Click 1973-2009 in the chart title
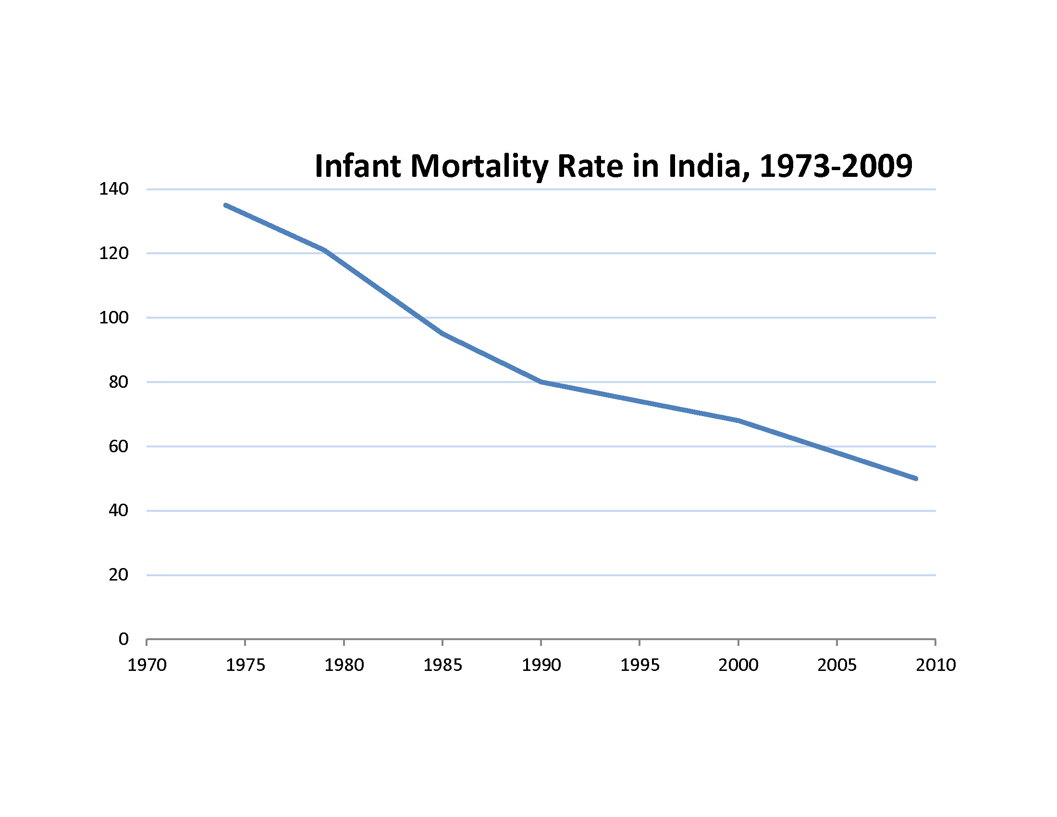(x=836, y=166)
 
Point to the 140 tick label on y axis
(x=114, y=189)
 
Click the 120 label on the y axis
(x=114, y=253)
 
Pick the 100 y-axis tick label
(x=114, y=318)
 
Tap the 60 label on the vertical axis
(x=118, y=446)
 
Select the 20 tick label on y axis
(x=118, y=575)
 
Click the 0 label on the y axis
(x=123, y=639)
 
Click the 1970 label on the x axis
(x=147, y=666)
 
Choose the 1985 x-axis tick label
(x=442, y=666)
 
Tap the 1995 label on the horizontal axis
(x=640, y=666)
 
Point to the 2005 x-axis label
(x=837, y=666)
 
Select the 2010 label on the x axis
(x=935, y=666)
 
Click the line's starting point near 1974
(x=225, y=205)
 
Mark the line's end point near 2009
(x=916, y=479)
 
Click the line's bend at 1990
(x=541, y=382)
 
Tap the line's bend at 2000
(x=738, y=421)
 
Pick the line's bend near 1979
(x=324, y=250)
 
